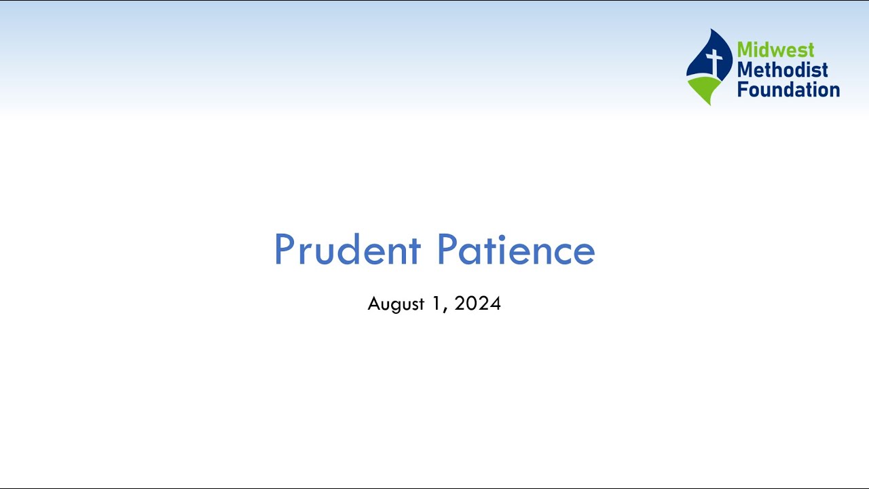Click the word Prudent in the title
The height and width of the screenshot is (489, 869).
(347, 250)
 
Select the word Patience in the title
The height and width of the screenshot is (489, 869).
(516, 250)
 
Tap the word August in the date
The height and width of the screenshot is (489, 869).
(396, 304)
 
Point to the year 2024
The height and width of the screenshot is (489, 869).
(478, 304)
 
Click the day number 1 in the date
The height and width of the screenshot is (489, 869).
(437, 304)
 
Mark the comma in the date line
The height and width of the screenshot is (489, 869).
(445, 309)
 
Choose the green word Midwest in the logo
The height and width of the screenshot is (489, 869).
(775, 50)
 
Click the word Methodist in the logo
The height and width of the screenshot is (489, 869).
(783, 69)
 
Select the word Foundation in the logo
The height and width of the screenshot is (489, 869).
(788, 89)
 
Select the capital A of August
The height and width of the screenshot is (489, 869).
(373, 304)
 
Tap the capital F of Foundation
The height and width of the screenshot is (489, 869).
(742, 89)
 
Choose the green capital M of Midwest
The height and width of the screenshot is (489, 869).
(745, 50)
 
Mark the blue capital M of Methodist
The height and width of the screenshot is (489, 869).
(745, 69)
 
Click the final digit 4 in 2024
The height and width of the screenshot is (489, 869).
(496, 304)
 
